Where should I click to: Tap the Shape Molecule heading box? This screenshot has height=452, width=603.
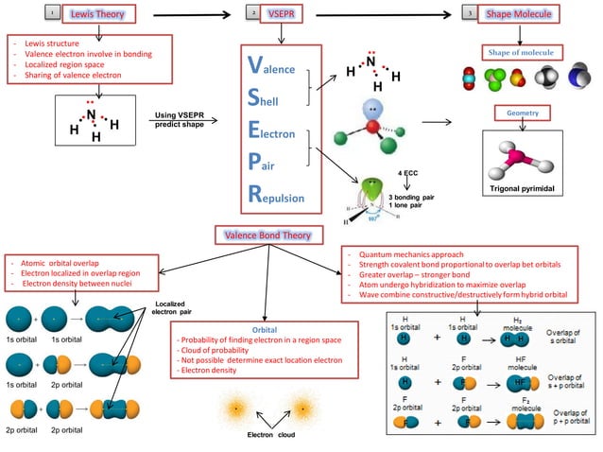[519, 13]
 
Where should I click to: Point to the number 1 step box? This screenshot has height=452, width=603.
[53, 13]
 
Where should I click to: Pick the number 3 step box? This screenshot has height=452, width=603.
[470, 13]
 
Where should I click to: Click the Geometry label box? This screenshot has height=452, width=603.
[522, 113]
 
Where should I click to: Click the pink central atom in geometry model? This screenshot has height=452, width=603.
[519, 155]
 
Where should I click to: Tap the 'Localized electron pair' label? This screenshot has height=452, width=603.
[173, 307]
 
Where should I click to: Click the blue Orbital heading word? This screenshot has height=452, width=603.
[266, 328]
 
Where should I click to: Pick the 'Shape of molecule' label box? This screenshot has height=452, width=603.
[522, 52]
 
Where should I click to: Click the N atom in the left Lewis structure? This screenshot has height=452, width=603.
[92, 115]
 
